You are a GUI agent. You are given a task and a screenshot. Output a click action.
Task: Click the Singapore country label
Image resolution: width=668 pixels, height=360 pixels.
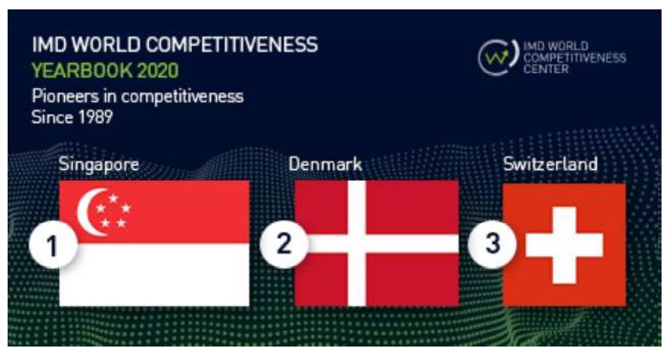[99, 164]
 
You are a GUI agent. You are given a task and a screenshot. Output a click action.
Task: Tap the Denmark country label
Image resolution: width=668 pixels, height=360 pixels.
[325, 164]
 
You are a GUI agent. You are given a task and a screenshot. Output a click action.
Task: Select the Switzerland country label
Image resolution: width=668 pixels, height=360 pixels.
[550, 164]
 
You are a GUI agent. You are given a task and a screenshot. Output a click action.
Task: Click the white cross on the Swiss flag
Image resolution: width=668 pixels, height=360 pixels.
[564, 244]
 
